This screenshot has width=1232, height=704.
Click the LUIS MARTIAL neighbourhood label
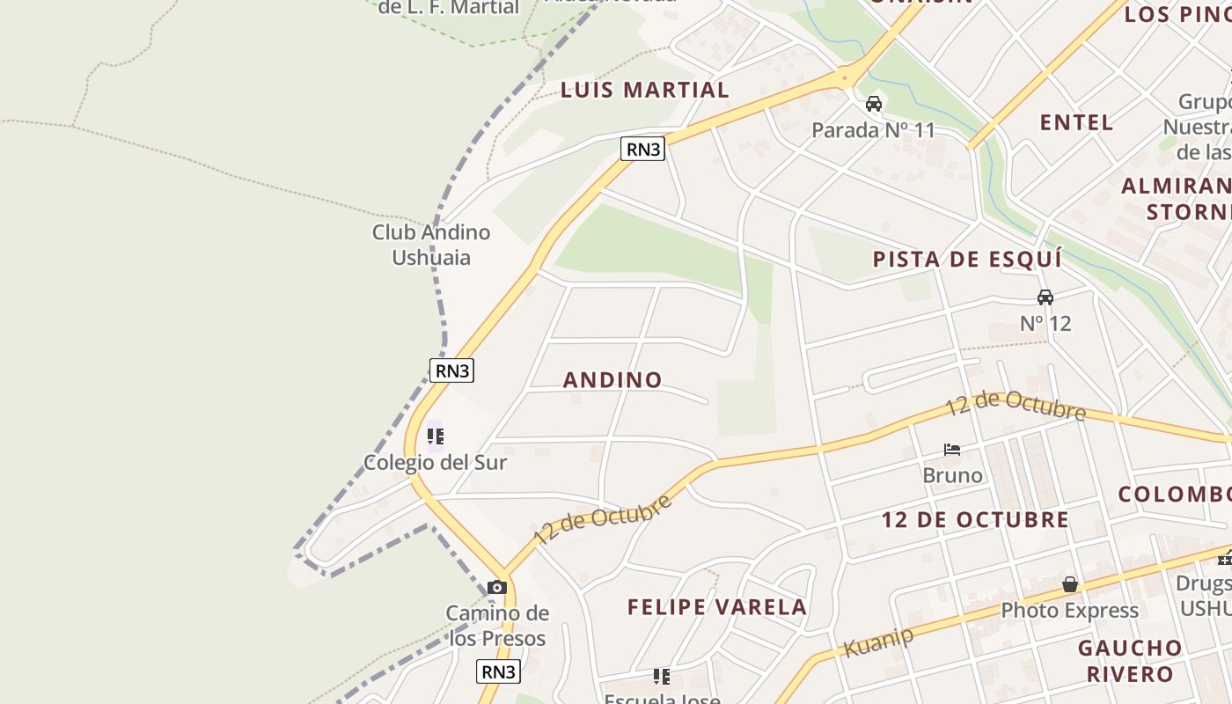click(x=644, y=90)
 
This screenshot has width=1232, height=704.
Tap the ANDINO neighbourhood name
click(x=612, y=380)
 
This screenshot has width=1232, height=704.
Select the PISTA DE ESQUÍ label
click(x=966, y=260)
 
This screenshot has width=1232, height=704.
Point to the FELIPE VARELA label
click(x=716, y=607)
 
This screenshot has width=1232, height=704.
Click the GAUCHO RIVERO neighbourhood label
click(x=1130, y=661)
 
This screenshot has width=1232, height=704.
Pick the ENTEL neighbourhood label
click(x=1076, y=122)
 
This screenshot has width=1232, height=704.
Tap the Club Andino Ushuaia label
click(x=431, y=245)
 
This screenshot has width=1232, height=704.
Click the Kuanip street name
click(x=878, y=642)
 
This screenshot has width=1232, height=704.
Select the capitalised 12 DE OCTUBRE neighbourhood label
click(x=975, y=520)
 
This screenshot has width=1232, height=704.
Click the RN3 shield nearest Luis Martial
click(x=642, y=150)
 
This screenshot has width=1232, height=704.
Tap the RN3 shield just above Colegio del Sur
click(x=452, y=370)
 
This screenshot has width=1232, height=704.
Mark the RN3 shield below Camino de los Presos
click(x=499, y=671)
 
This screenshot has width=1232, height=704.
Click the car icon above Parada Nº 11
click(x=874, y=104)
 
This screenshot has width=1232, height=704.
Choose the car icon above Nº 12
click(x=1045, y=297)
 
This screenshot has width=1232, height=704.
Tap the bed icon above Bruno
click(x=952, y=450)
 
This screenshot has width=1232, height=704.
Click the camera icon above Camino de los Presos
click(x=497, y=587)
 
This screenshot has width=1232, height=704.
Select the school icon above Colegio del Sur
click(x=436, y=436)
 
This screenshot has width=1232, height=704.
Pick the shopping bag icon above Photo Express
click(x=1070, y=584)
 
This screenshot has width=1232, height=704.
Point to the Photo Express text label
click(x=1069, y=610)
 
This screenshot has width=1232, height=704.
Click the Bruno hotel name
click(x=952, y=475)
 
